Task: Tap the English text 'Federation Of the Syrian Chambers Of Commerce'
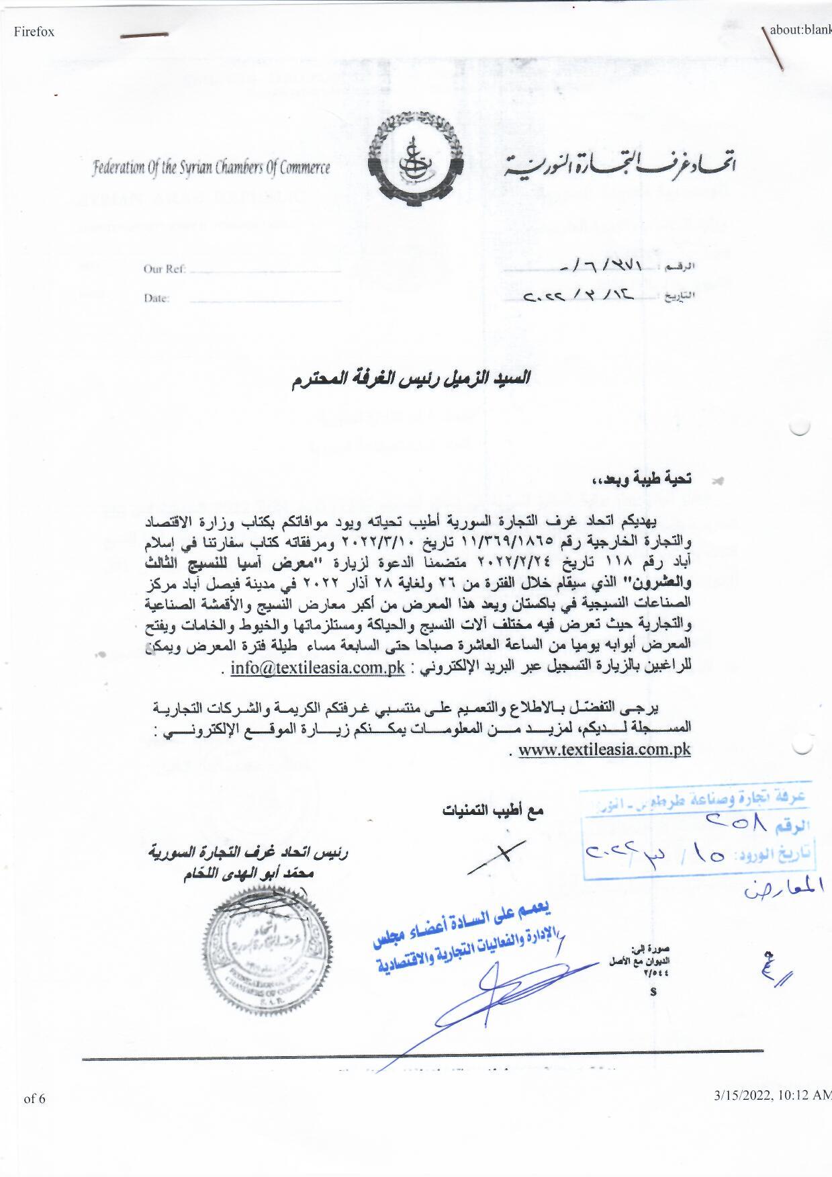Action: [x=212, y=167]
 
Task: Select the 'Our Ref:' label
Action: [x=164, y=269]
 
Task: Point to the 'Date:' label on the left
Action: [x=156, y=298]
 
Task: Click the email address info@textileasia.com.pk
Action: [x=318, y=668]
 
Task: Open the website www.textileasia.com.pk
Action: [x=604, y=750]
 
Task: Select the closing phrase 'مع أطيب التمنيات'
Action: [x=492, y=811]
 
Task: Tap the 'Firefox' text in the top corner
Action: [x=34, y=32]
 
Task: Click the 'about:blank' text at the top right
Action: [x=800, y=30]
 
